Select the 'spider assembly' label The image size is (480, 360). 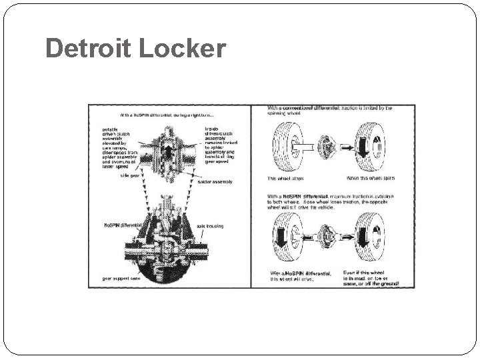(x=216, y=181)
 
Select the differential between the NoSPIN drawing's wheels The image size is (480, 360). (x=326, y=237)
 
